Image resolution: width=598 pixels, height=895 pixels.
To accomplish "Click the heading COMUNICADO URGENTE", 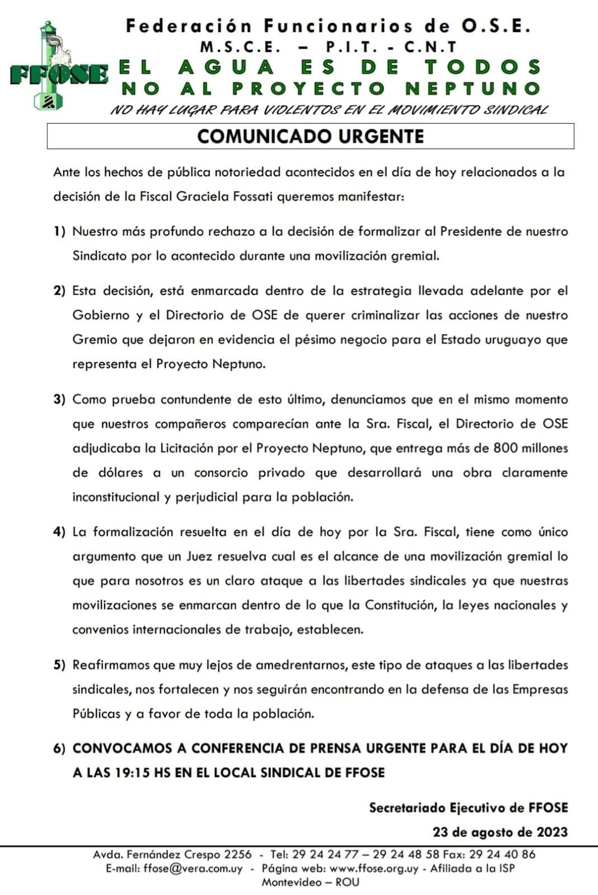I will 310,137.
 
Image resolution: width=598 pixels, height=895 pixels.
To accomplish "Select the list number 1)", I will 59,232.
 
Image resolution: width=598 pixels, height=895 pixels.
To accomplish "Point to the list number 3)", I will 59,400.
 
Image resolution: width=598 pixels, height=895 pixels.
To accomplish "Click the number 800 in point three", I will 505,448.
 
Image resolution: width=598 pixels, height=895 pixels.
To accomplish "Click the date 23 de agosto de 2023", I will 500,832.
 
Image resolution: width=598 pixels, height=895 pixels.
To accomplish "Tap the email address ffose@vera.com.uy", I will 193,868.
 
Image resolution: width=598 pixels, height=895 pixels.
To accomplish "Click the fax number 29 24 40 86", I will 502,854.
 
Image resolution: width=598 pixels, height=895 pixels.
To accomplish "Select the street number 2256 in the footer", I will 238,854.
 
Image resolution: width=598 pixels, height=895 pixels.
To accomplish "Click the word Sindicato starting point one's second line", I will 100,256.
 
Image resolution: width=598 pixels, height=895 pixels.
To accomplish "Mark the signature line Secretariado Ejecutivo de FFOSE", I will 468,808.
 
